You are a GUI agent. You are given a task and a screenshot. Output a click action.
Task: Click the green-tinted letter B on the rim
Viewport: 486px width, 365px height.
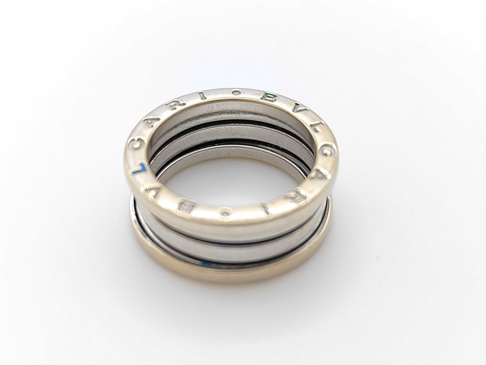point(269,98)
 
